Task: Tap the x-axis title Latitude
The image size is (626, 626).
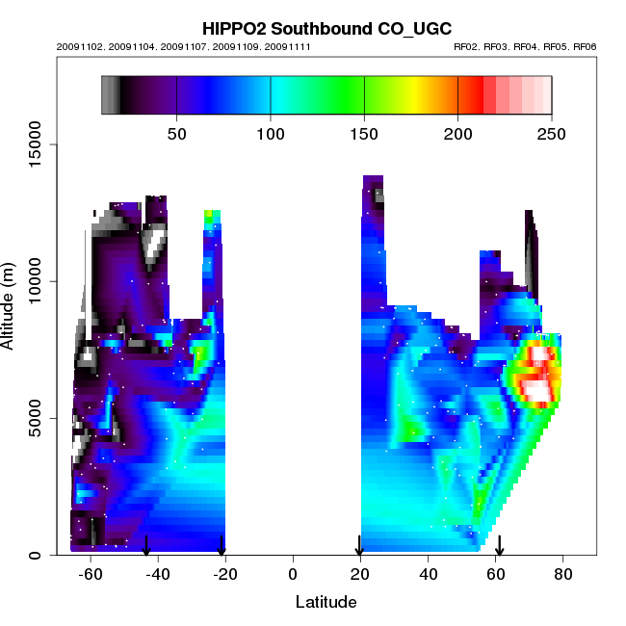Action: tap(326, 602)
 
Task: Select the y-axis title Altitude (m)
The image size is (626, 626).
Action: tap(9, 303)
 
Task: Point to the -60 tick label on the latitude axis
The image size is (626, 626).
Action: tap(91, 575)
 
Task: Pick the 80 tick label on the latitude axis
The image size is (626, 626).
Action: tap(562, 575)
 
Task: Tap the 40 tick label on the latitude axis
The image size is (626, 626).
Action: tap(428, 575)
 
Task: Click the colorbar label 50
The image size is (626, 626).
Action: tap(177, 133)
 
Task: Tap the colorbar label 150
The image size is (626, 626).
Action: tap(364, 133)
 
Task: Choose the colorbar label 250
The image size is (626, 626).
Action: tap(551, 133)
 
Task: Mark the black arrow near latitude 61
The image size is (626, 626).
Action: tap(500, 545)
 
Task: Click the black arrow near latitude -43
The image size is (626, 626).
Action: tap(146, 545)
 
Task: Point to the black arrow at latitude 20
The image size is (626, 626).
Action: tap(359, 545)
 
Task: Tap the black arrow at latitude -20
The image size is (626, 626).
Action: tap(222, 545)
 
